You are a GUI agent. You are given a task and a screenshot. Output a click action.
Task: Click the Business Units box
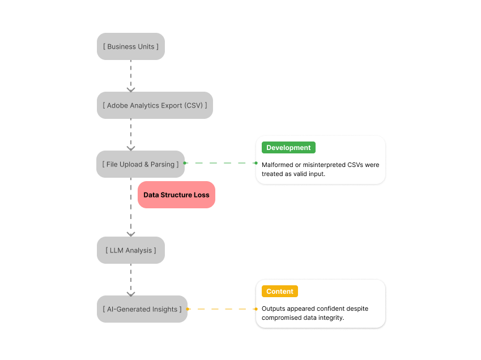click(x=131, y=46)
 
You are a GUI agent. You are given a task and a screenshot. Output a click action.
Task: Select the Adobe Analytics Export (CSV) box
click(x=155, y=105)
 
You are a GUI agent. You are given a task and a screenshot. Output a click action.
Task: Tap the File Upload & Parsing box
click(x=141, y=164)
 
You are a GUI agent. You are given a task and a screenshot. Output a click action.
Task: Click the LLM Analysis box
click(x=131, y=250)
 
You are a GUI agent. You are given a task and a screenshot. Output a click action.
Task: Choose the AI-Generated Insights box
click(x=142, y=309)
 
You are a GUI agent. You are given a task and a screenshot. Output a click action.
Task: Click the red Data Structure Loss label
click(x=176, y=195)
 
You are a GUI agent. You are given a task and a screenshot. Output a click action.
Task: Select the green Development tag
click(x=288, y=148)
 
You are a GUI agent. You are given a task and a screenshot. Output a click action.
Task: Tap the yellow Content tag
click(x=280, y=292)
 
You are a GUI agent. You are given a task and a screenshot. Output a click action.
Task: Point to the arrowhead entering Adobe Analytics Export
click(x=131, y=89)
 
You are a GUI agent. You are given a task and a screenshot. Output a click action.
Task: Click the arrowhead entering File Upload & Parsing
click(x=131, y=148)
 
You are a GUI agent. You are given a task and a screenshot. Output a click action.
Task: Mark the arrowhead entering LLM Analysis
click(x=131, y=234)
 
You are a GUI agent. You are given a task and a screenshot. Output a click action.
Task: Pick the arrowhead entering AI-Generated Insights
click(x=131, y=293)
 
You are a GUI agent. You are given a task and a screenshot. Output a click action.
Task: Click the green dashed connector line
click(x=221, y=163)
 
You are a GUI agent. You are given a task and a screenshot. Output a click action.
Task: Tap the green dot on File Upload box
click(x=185, y=163)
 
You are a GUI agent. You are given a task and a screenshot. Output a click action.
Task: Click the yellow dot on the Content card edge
click(x=257, y=309)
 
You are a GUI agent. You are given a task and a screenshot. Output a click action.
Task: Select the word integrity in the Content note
click(x=330, y=318)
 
